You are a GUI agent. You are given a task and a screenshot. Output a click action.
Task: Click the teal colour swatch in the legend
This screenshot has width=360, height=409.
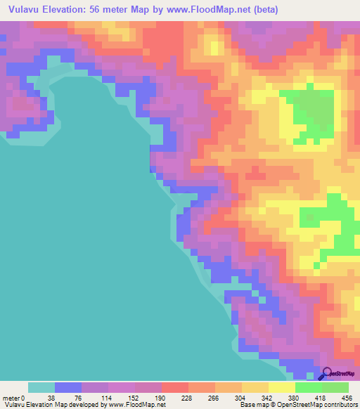pyautogui.click(x=41, y=387)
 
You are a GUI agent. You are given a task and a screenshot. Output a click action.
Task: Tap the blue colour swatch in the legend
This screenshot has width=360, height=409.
pyautogui.click(x=67, y=387)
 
